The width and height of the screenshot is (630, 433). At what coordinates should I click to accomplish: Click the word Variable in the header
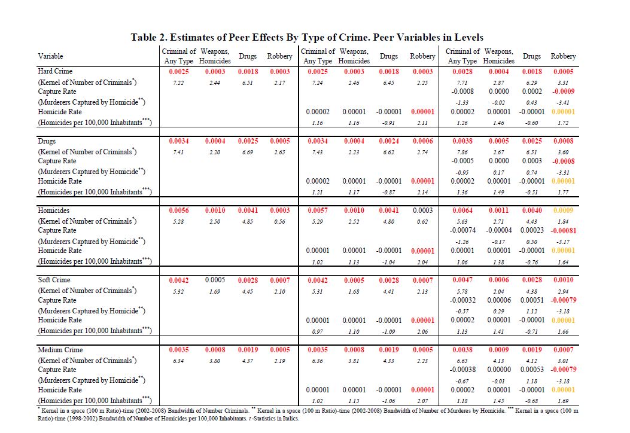point(51,56)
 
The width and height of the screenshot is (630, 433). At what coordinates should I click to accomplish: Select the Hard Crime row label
point(55,71)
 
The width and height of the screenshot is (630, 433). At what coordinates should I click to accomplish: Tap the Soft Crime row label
point(54,280)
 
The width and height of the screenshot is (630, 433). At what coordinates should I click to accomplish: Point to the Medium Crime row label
point(59,349)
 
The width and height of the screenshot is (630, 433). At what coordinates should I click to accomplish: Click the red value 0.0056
point(179,211)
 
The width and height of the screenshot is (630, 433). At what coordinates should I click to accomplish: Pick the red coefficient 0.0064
point(462,211)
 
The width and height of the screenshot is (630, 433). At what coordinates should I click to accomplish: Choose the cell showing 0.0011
point(498,211)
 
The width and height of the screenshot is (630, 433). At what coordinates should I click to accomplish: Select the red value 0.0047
point(462,280)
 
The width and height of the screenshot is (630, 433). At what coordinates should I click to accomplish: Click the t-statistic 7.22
point(179,81)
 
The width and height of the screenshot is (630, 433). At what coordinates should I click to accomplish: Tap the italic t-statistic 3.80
point(215,360)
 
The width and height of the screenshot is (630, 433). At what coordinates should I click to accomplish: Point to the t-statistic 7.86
point(462,151)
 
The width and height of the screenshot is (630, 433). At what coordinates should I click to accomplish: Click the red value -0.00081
point(563,230)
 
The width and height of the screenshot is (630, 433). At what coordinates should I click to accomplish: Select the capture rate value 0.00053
point(531,369)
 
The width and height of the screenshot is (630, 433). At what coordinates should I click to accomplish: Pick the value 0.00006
point(498,300)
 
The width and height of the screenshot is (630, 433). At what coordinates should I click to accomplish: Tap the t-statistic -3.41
point(563,102)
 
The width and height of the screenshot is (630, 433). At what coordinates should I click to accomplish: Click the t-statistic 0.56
point(279,221)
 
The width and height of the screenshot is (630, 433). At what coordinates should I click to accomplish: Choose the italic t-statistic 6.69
point(248,151)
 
